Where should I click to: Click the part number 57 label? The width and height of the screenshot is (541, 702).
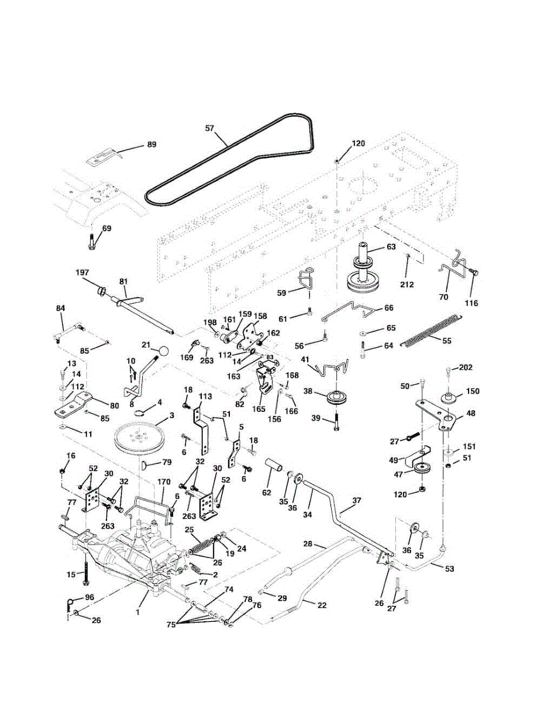tap(209, 128)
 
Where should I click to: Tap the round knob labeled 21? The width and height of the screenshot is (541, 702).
tap(164, 351)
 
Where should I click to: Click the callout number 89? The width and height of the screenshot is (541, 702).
tap(152, 144)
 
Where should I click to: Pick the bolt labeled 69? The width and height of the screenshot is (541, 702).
tap(91, 241)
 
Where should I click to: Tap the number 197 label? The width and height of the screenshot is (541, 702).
tap(82, 273)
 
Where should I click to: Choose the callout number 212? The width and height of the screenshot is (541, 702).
tap(406, 285)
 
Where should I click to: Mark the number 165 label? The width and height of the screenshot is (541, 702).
tap(259, 409)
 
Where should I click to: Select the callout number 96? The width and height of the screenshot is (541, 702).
tap(89, 597)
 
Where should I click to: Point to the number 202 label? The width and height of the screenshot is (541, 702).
tap(466, 367)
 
